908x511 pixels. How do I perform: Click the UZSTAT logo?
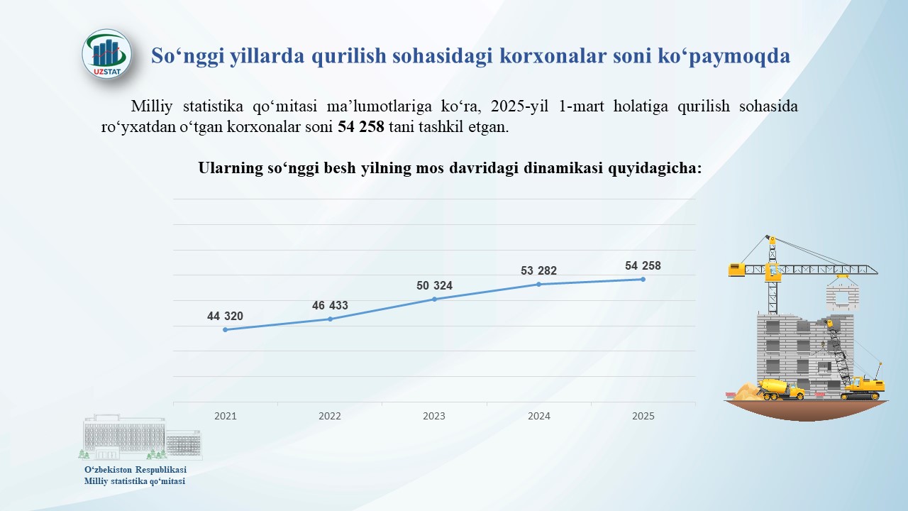pos(106,53)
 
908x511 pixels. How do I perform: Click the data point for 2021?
pos(226,330)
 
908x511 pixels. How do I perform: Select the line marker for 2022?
pos(330,319)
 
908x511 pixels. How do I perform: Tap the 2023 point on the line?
pos(434,300)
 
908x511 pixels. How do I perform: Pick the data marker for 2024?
pos(538,285)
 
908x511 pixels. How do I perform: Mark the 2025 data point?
pos(643,280)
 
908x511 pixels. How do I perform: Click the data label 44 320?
pos(225,316)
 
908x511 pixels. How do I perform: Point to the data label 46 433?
pos(330,305)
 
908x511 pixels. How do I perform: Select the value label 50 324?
pos(434,285)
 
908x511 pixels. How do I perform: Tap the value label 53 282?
pos(538,270)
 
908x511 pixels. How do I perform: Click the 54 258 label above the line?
pos(643,265)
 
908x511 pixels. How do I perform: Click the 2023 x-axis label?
pos(434,416)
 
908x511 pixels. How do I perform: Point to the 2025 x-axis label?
pos(643,416)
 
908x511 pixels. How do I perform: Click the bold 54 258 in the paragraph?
pos(361,127)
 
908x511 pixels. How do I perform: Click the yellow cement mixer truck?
pos(781,389)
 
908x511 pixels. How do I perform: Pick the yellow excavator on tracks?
pos(863,388)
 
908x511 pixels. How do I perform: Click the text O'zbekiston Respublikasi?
pos(135,470)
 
